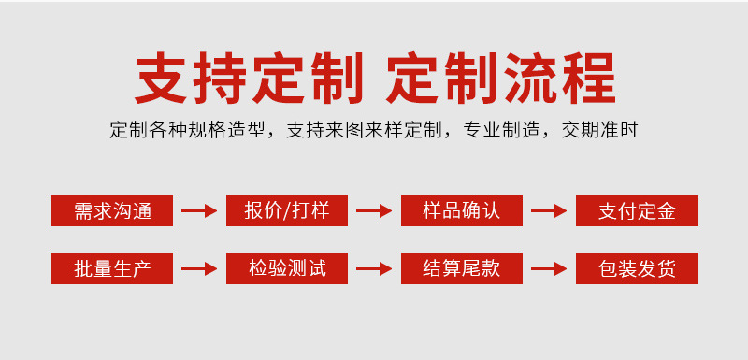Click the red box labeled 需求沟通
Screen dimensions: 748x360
tap(112, 210)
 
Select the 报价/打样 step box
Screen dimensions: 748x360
tap(287, 210)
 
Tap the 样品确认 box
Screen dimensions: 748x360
tap(462, 210)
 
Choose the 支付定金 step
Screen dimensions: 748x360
tap(637, 210)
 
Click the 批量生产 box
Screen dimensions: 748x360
tap(112, 268)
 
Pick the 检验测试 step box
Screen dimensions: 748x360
tap(287, 268)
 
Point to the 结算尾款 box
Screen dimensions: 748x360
tap(462, 268)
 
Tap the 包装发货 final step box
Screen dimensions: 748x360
tap(637, 268)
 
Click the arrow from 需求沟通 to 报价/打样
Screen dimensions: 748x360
tap(199, 211)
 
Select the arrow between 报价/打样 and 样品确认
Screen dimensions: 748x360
tap(374, 211)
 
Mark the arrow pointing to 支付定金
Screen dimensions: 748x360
tap(549, 211)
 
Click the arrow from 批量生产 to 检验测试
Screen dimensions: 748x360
tap(199, 269)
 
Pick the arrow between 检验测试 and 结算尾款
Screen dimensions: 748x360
tap(374, 269)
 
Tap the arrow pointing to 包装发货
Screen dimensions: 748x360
tap(549, 269)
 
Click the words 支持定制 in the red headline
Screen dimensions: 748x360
tap(249, 78)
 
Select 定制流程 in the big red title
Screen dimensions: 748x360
tap(501, 78)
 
